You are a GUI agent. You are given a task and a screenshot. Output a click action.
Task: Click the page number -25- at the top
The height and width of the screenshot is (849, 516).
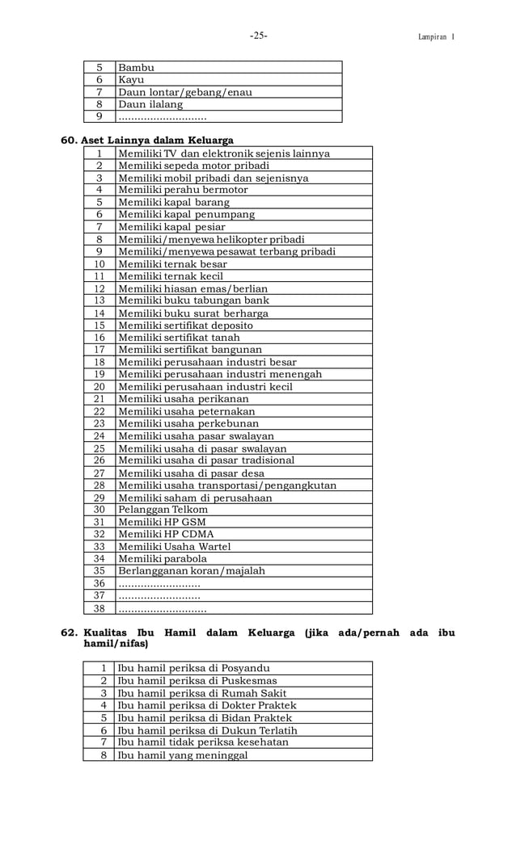point(258,36)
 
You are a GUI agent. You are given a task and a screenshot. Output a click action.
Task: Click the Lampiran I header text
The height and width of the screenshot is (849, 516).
point(436,37)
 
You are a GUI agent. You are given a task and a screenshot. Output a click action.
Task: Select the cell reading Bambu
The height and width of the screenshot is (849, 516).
point(137,67)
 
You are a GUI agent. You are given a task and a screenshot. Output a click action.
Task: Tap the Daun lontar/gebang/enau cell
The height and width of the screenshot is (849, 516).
point(184,92)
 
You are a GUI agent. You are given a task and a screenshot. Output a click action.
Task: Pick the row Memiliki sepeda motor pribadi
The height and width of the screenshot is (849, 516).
point(193,166)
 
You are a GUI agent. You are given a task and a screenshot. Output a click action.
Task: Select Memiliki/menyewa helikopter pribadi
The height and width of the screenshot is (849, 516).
point(211,239)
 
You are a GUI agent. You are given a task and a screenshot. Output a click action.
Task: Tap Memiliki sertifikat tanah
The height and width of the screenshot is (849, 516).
point(179,338)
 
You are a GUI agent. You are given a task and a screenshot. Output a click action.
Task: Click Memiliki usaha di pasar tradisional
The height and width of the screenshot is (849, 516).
point(206,460)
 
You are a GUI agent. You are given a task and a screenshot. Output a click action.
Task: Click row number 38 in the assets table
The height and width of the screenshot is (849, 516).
point(99,608)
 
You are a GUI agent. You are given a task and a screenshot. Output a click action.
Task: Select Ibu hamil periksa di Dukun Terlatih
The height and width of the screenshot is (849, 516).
point(207,730)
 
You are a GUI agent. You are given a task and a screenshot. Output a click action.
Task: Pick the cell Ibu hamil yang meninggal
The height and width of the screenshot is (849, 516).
point(183,755)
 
